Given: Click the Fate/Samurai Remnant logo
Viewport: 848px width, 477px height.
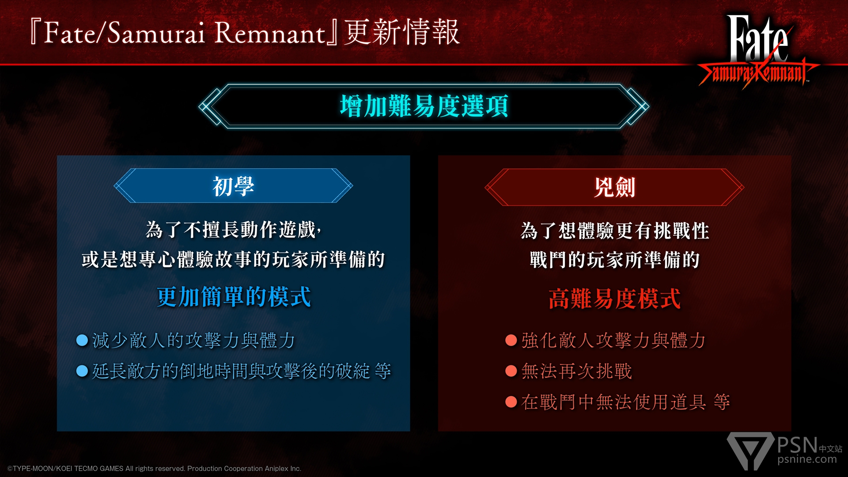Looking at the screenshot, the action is pos(758,51).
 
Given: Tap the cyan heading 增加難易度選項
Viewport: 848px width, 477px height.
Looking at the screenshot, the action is pos(424,106).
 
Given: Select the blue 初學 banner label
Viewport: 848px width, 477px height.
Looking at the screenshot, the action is pos(233,186).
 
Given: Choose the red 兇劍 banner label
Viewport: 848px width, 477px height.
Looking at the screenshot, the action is pos(614,187).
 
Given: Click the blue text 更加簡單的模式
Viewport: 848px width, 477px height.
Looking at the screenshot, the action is pos(234,296).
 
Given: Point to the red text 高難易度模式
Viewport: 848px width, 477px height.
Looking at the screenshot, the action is pos(614,299).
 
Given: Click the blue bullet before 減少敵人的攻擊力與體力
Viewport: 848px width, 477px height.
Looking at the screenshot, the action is pos(82,340).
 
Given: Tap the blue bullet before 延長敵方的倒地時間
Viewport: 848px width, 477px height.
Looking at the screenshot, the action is pos(82,371).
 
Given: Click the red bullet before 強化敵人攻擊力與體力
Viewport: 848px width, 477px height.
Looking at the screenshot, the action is pos(511,340).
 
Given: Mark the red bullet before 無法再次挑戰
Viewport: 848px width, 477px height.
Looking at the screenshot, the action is pos(511,371).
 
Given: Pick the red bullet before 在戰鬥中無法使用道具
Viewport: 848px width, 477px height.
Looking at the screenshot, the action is pos(511,401).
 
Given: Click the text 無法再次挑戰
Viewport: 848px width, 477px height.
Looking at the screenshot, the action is pos(577,371).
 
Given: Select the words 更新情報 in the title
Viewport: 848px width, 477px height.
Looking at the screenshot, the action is pos(402,32).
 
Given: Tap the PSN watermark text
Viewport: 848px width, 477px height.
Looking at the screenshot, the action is pos(798,445).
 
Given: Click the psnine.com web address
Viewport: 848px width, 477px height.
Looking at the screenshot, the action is pos(807,459).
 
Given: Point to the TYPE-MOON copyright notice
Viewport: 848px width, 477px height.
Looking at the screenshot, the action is pos(154,469).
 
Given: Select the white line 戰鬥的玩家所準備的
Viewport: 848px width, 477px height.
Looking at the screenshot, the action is pos(614,259).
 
